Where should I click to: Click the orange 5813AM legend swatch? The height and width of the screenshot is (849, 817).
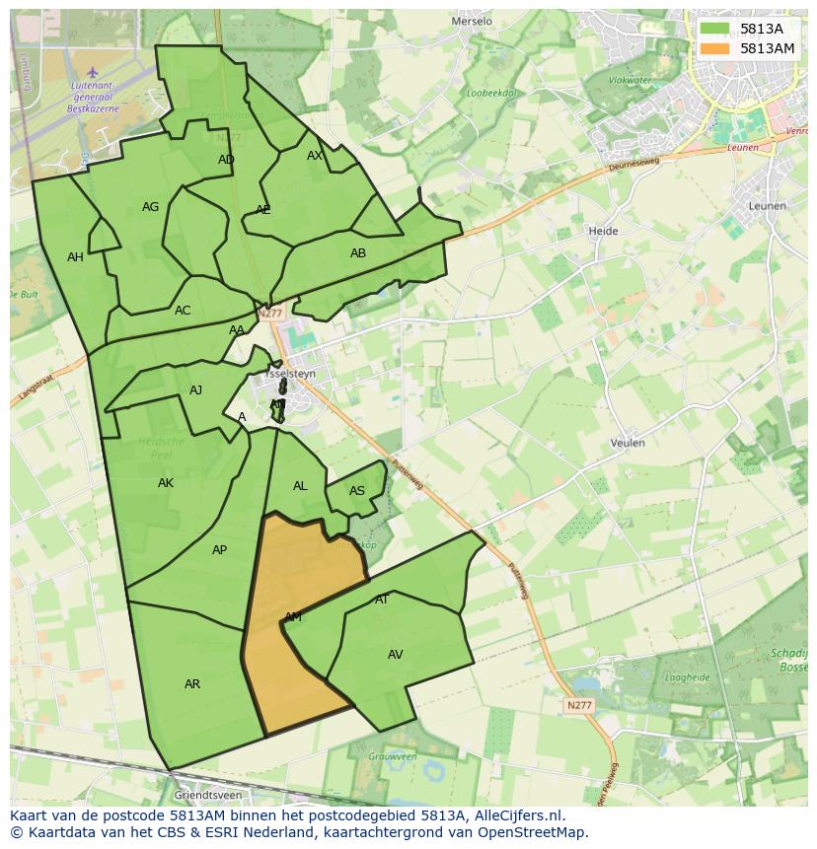pos(716,48)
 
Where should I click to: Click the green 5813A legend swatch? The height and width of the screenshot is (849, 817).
pos(716,29)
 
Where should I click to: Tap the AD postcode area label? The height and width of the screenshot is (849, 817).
pos(227,160)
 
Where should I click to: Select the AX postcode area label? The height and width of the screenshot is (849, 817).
pos(315,156)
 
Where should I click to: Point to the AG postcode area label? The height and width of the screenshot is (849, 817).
pos(150,207)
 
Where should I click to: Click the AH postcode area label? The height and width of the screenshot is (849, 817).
pos(75,257)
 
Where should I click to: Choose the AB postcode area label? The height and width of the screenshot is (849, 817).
pos(358,253)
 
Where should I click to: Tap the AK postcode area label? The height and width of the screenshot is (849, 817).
pos(166,483)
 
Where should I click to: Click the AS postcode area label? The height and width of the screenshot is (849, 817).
pos(357,491)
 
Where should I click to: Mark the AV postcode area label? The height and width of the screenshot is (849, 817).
pos(395,655)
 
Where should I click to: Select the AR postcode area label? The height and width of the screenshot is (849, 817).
pos(192,684)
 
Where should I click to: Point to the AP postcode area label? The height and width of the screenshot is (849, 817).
pos(219,550)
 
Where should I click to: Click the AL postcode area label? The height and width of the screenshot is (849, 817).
pos(300,486)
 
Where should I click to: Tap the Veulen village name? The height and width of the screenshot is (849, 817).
pos(628,444)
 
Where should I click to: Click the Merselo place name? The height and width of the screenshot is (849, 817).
pos(471,21)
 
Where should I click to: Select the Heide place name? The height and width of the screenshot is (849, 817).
pos(603,232)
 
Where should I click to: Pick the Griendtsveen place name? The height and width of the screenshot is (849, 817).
pos(207,795)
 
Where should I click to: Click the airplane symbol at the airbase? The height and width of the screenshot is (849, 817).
pos(93,71)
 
